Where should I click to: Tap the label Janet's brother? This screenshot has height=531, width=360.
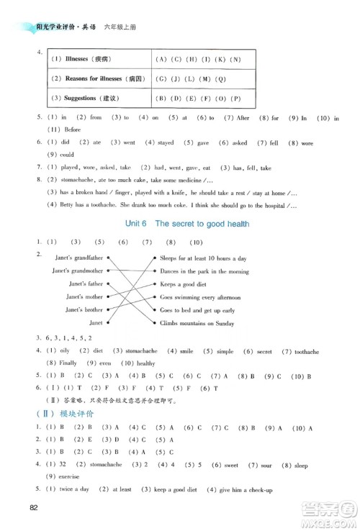84,309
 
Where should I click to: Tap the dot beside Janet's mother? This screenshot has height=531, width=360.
107,296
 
